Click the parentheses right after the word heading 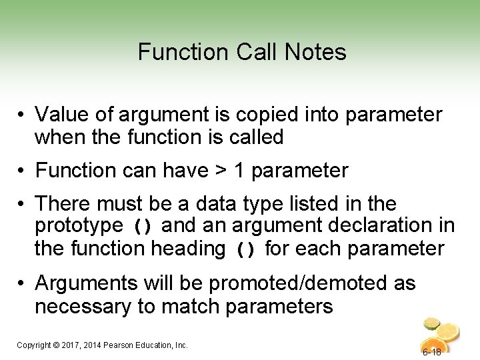pyautogui.click(x=247, y=250)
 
